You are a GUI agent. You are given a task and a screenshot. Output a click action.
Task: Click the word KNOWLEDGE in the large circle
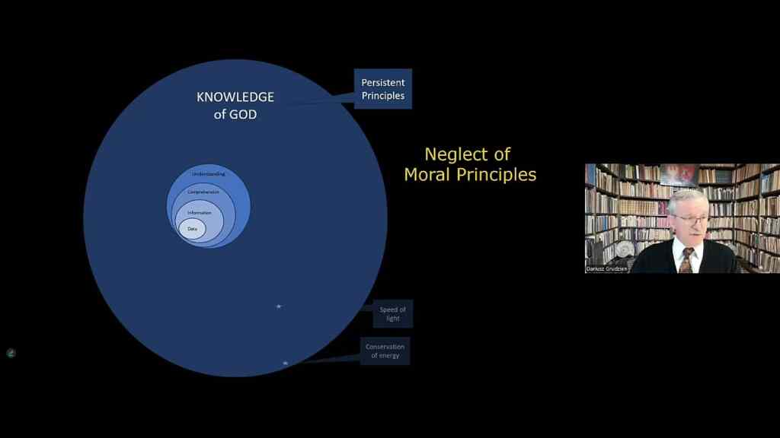point(235,97)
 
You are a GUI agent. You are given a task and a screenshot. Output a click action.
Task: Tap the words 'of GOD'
point(235,115)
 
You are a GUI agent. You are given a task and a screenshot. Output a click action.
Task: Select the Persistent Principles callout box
point(382,89)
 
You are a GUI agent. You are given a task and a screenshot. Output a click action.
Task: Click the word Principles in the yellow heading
point(501,174)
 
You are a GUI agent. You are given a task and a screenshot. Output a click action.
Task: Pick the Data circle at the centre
point(192,229)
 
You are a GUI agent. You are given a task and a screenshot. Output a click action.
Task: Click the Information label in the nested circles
point(199,212)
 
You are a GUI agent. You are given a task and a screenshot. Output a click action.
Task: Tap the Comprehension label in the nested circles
point(203,192)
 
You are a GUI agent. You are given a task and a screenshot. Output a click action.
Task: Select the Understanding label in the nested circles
point(208,175)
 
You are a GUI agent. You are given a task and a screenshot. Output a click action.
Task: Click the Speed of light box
point(393,313)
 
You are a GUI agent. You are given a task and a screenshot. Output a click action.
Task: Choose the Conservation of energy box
point(385,351)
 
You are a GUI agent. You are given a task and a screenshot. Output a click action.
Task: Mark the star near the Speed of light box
point(279,306)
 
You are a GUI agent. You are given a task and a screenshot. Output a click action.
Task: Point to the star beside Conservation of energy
point(285,363)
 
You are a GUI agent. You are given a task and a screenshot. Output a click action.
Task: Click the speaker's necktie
point(686,260)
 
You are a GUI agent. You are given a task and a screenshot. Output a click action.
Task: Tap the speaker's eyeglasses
point(689,220)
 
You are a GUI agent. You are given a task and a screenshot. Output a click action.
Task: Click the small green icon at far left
point(11,353)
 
